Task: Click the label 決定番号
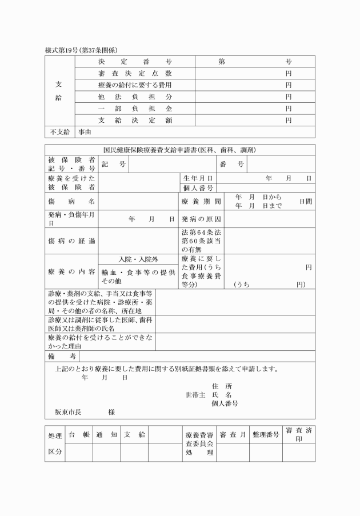tap(135, 62)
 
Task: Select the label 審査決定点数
tap(135, 74)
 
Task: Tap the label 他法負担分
tap(135, 97)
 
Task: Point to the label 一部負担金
tap(135, 109)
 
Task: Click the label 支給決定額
tap(135, 121)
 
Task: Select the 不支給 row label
tap(59, 133)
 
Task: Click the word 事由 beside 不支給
tap(85, 133)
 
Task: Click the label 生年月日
tap(198, 179)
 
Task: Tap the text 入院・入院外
tap(138, 259)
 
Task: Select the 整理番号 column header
tap(266, 435)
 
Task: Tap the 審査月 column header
tap(233, 435)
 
